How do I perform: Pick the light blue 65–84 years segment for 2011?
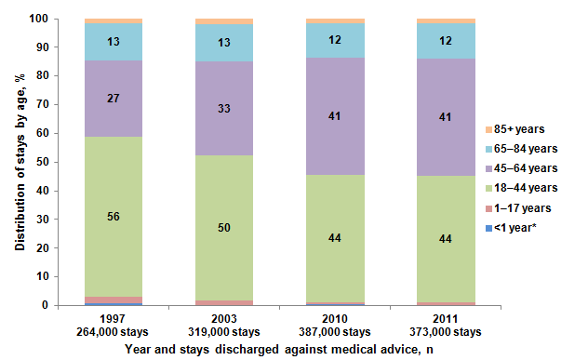click(x=433, y=42)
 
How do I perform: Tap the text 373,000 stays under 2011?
click(x=433, y=332)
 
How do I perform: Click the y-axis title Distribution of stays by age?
click(x=18, y=161)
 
